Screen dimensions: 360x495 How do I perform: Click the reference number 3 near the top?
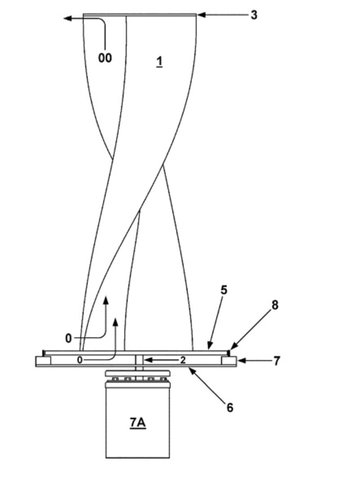pos(254,15)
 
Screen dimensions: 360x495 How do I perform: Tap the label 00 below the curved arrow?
pos(105,58)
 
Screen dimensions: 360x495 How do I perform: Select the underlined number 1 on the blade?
pos(159,61)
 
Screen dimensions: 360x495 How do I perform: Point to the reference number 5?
pos(224,290)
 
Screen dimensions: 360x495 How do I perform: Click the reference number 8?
pos(274,305)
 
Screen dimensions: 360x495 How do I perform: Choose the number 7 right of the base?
pos(277,360)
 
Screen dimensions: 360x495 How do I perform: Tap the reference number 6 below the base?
pos(230,407)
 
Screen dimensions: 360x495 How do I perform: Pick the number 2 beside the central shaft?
pos(183,360)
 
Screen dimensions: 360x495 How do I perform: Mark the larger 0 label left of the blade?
pos(68,338)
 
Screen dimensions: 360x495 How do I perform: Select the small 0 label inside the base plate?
pos(79,360)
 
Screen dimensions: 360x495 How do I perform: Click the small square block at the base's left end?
pos(44,360)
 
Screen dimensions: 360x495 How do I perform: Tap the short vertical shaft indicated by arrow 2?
pos(139,360)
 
